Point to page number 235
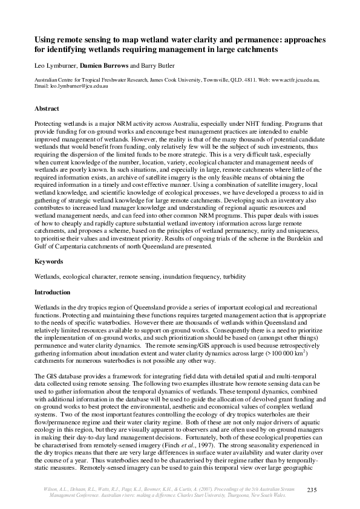coord(313,488)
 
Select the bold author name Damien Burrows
coord(103,65)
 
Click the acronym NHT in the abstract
coord(219,122)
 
